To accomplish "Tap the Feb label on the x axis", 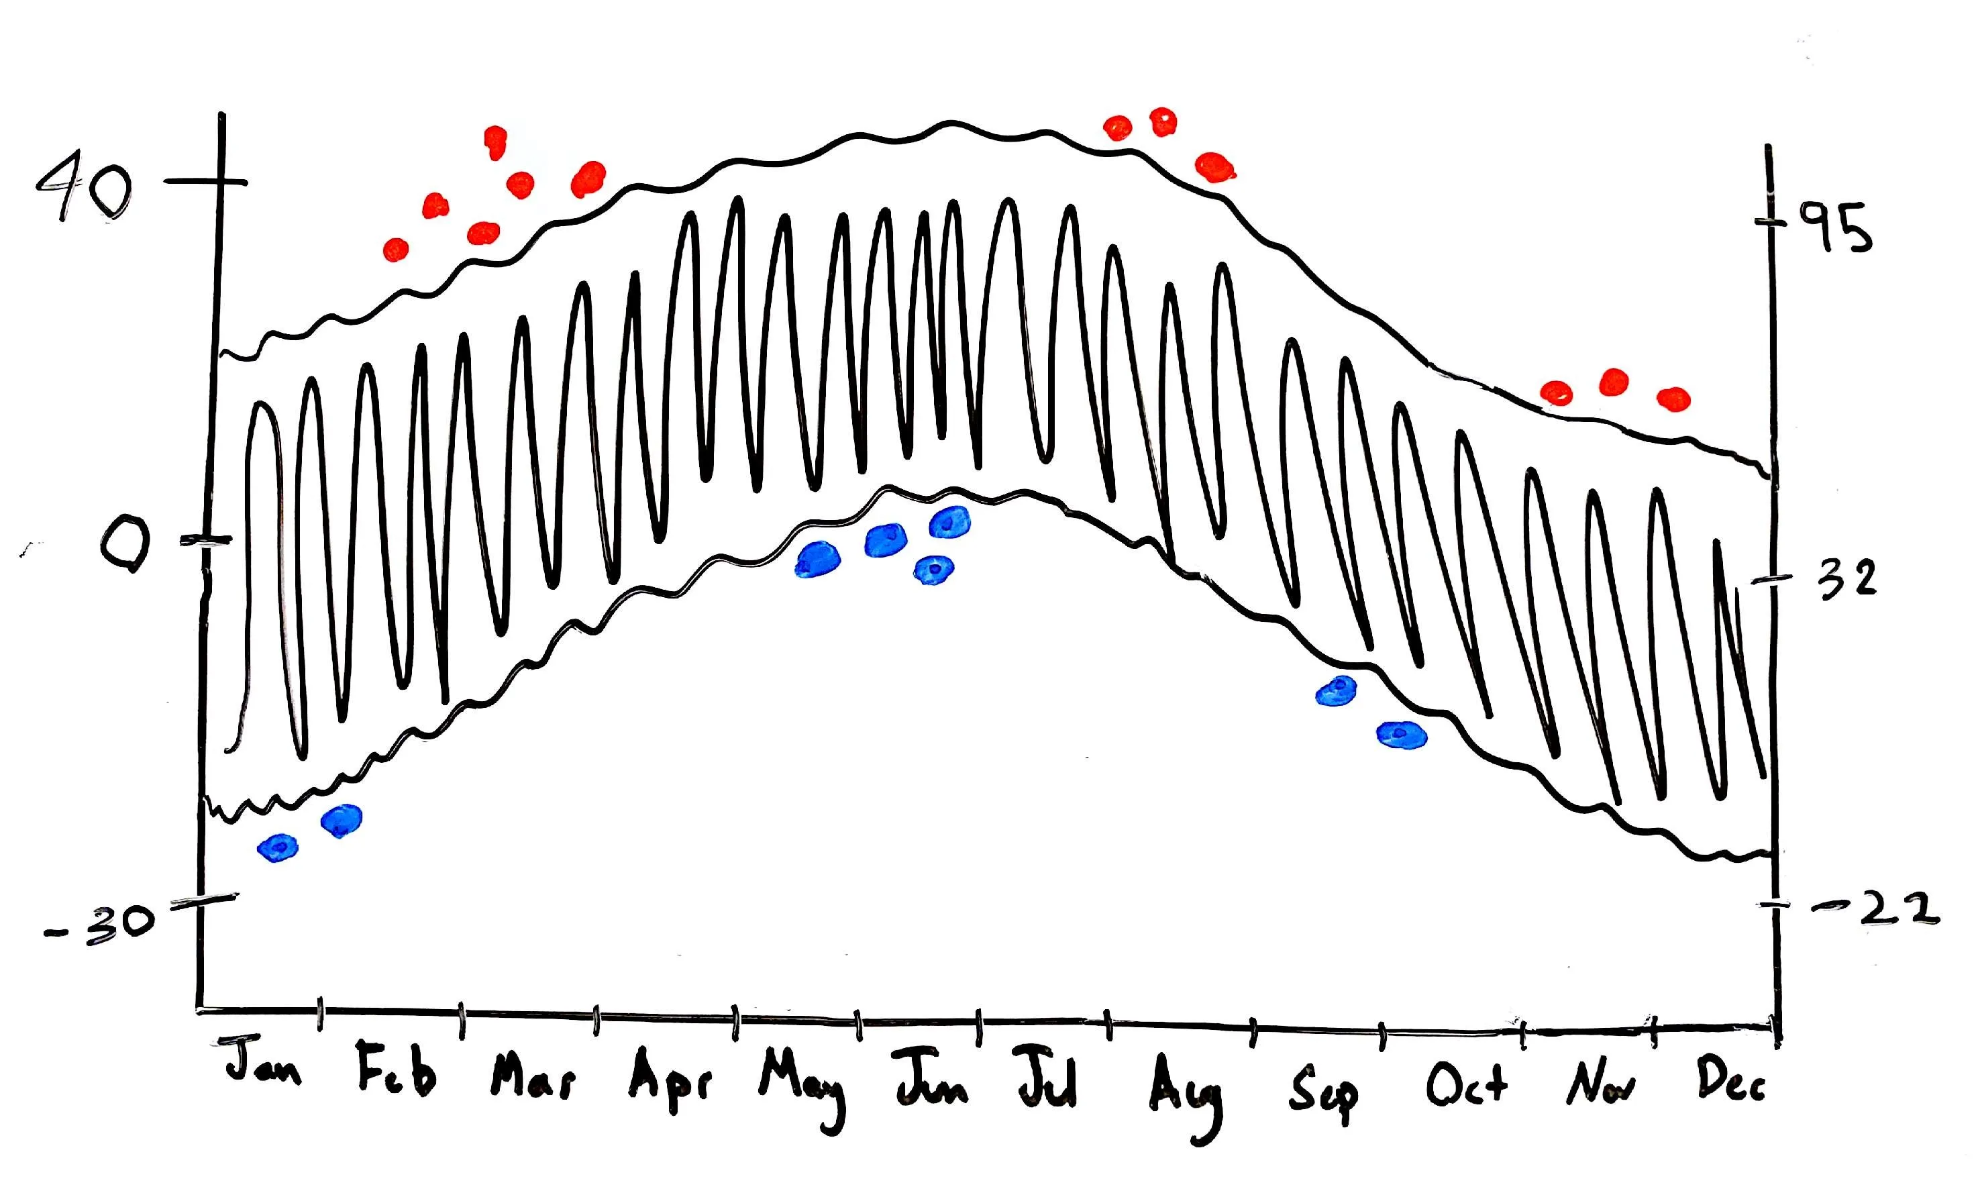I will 397,1070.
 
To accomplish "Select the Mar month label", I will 532,1077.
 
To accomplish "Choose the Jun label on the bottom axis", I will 931,1080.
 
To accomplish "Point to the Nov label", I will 1599,1084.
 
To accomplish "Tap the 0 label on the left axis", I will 124,546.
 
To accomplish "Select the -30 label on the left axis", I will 101,923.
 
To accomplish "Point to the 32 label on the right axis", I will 1846,580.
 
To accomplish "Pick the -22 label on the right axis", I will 1879,910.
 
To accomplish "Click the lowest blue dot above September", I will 1402,735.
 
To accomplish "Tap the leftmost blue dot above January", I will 278,847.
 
